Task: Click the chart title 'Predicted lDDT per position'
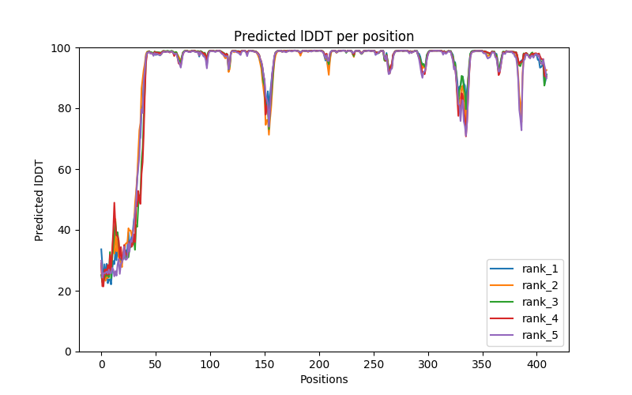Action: click(x=323, y=36)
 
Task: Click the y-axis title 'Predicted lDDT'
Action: click(x=39, y=199)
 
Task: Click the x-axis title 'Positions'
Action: click(x=323, y=379)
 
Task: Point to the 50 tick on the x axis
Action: click(x=156, y=363)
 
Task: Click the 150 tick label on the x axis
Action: click(x=265, y=363)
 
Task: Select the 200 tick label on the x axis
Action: click(x=319, y=363)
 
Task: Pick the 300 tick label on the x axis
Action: click(x=428, y=363)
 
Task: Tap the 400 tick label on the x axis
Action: click(x=537, y=363)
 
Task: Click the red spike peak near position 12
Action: click(x=114, y=203)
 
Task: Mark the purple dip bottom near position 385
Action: click(x=521, y=130)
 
